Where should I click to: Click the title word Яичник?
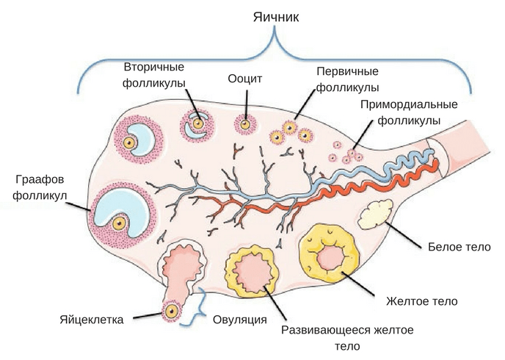coord(277,16)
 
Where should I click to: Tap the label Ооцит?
coord(245,79)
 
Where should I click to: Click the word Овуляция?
coord(239,319)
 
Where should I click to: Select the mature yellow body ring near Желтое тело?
coord(333,254)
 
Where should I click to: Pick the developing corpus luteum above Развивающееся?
coord(252,270)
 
